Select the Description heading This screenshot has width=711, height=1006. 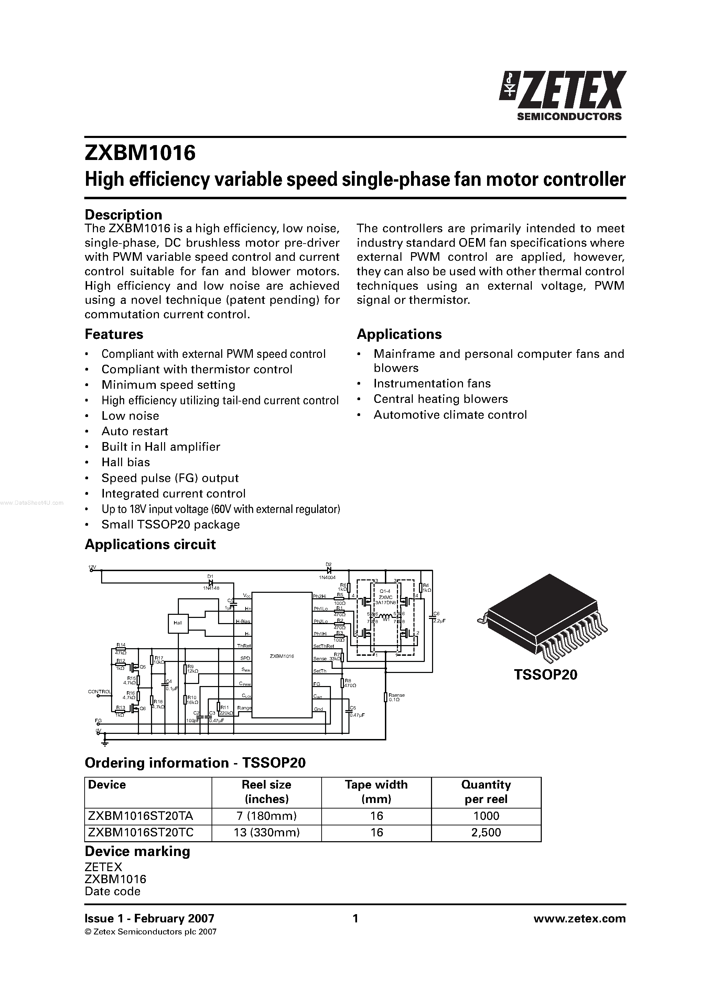pyautogui.click(x=123, y=215)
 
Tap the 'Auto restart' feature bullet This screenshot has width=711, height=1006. pyautogui.click(x=134, y=431)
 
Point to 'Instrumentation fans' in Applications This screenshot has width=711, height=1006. pyautogui.click(x=432, y=383)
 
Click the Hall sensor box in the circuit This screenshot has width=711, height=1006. pyautogui.click(x=178, y=623)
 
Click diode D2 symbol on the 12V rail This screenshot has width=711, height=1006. pyautogui.click(x=328, y=570)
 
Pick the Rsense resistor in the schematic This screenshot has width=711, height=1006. pyautogui.click(x=386, y=697)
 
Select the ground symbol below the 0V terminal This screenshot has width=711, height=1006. pyautogui.click(x=105, y=743)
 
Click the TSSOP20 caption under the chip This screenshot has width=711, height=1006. pyautogui.click(x=546, y=674)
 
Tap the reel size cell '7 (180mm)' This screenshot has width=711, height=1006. pyautogui.click(x=266, y=815)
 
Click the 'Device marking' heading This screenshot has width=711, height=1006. pyautogui.click(x=137, y=851)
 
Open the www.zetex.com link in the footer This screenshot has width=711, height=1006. pyautogui.click(x=579, y=918)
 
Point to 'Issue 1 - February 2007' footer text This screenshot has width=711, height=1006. pyautogui.click(x=149, y=918)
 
